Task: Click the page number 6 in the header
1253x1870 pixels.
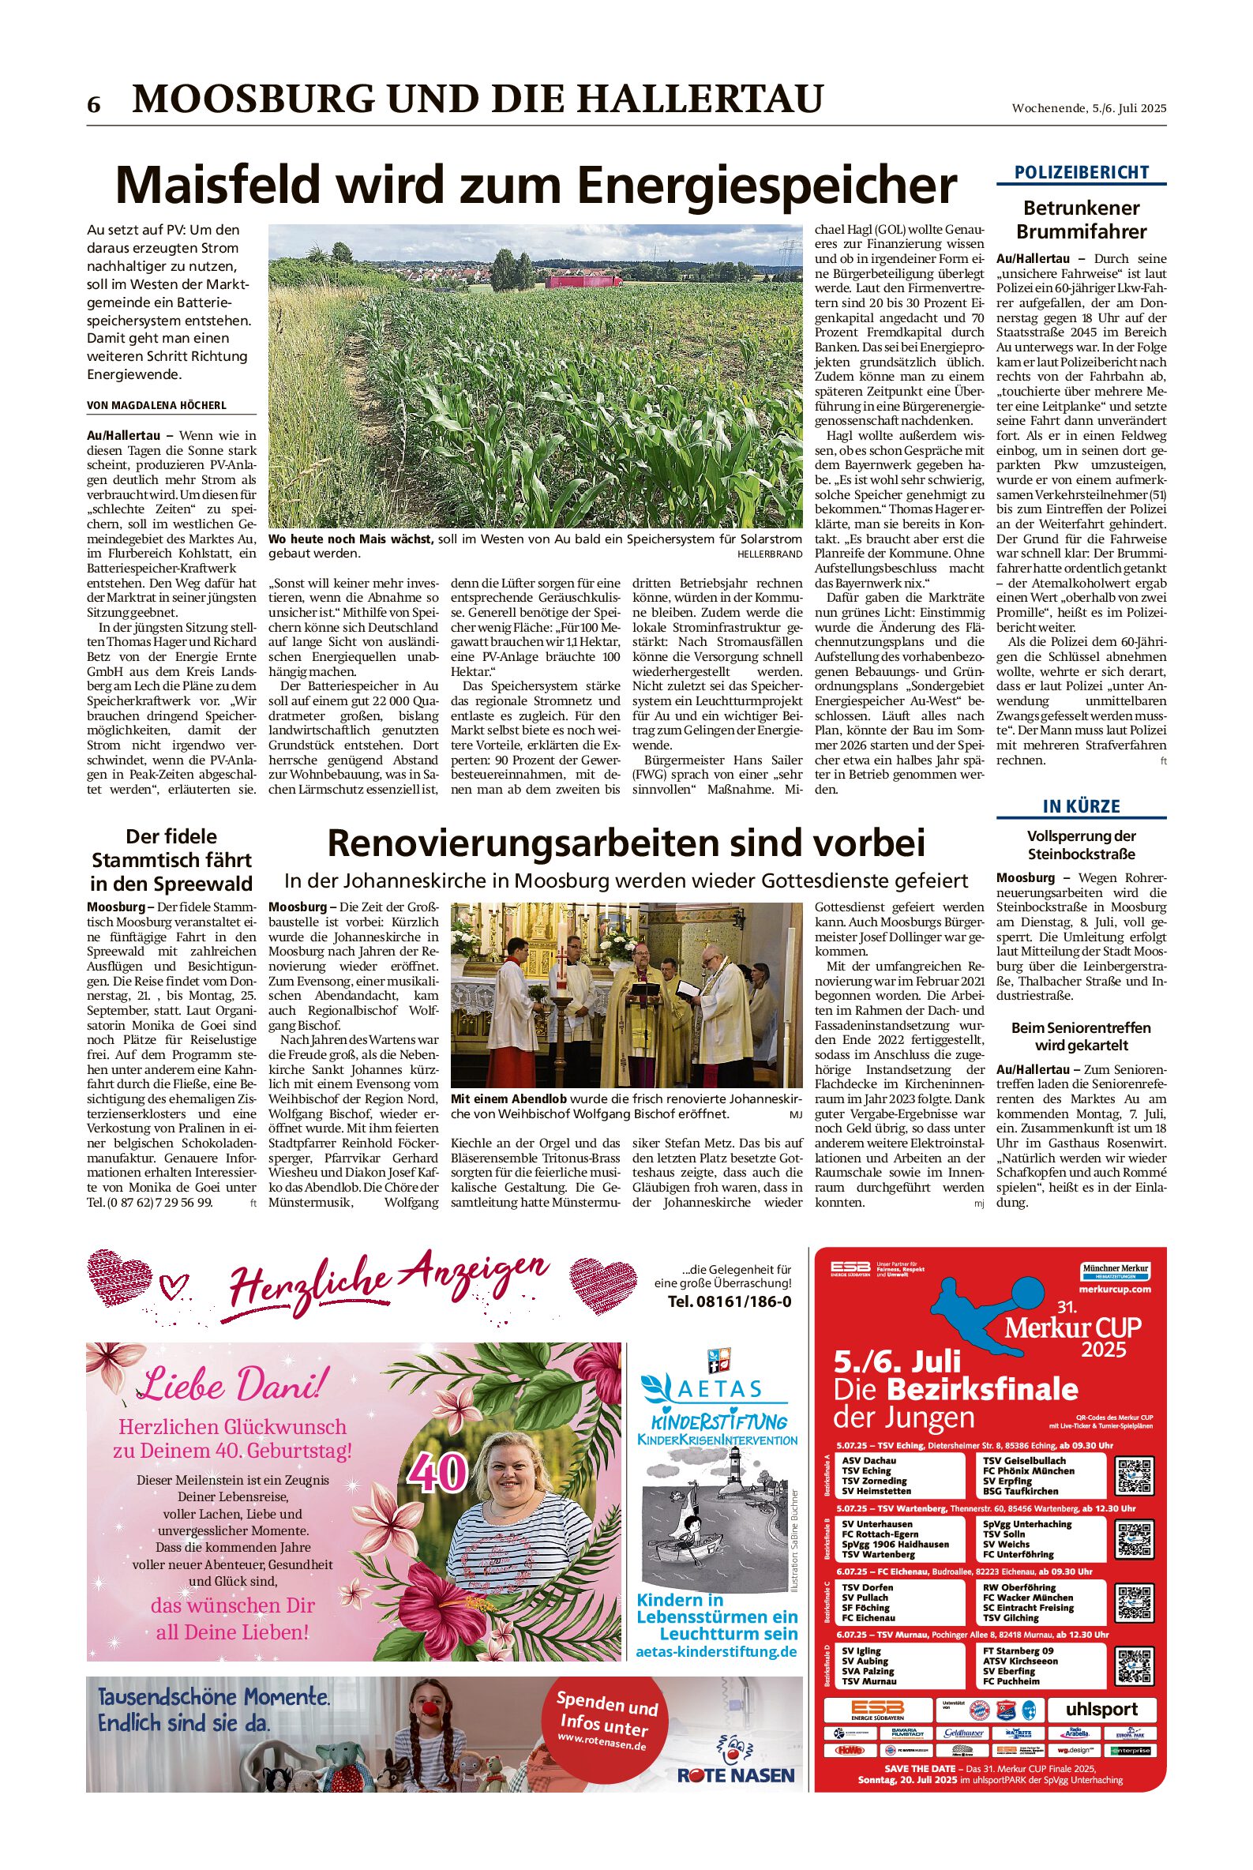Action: click(x=94, y=105)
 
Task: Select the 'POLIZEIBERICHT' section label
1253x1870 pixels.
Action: click(x=1081, y=172)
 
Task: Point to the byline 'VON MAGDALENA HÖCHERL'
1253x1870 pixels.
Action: click(x=156, y=405)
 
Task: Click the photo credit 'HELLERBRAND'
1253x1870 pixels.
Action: click(x=770, y=553)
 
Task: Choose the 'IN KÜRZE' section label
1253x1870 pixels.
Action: click(x=1081, y=806)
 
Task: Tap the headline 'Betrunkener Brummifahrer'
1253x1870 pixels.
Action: click(x=1081, y=220)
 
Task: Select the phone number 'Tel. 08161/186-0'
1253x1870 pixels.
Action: click(x=730, y=1301)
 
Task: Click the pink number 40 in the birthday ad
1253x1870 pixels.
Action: click(x=437, y=1471)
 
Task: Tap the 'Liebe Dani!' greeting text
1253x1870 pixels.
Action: click(x=232, y=1384)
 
